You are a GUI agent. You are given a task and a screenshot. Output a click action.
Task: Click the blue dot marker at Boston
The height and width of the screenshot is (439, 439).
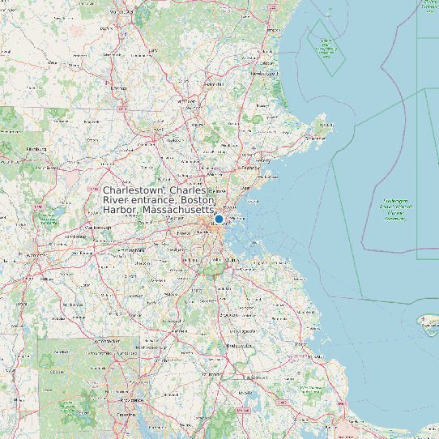coord(219,219)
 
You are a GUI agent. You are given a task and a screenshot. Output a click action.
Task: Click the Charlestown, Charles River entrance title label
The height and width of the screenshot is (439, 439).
coord(160,199)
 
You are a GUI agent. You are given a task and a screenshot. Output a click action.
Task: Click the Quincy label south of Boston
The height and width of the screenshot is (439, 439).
coord(231,259)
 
